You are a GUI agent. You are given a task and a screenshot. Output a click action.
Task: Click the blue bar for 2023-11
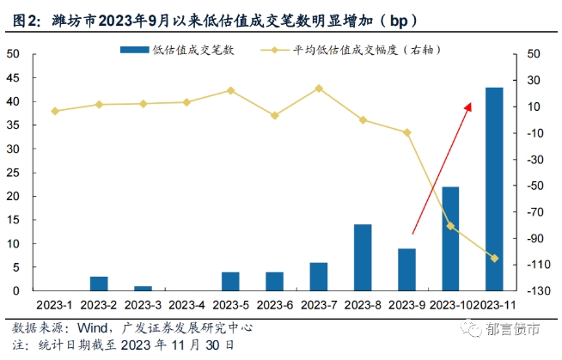(x=494, y=189)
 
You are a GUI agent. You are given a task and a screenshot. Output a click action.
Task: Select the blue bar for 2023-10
(x=450, y=239)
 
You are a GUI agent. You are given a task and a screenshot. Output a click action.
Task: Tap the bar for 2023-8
(x=363, y=258)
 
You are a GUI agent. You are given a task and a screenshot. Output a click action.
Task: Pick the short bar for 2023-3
(x=143, y=289)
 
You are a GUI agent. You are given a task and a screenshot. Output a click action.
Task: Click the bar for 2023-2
(x=99, y=284)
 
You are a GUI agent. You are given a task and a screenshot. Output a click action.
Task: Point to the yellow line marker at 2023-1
(x=55, y=111)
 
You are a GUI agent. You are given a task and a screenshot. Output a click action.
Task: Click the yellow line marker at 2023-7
(x=319, y=88)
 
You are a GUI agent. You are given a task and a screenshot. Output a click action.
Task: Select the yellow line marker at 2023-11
(x=494, y=258)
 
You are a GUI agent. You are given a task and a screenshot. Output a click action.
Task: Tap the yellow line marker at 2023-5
(x=231, y=90)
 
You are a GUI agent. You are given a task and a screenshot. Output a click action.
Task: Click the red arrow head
(x=468, y=106)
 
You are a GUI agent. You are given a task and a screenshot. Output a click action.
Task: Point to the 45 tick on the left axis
(x=14, y=77)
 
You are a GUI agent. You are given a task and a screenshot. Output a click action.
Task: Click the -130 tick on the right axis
(x=538, y=291)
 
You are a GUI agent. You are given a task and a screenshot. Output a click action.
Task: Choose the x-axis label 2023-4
(x=186, y=304)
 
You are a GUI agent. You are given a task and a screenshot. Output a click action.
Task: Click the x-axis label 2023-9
(x=406, y=304)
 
